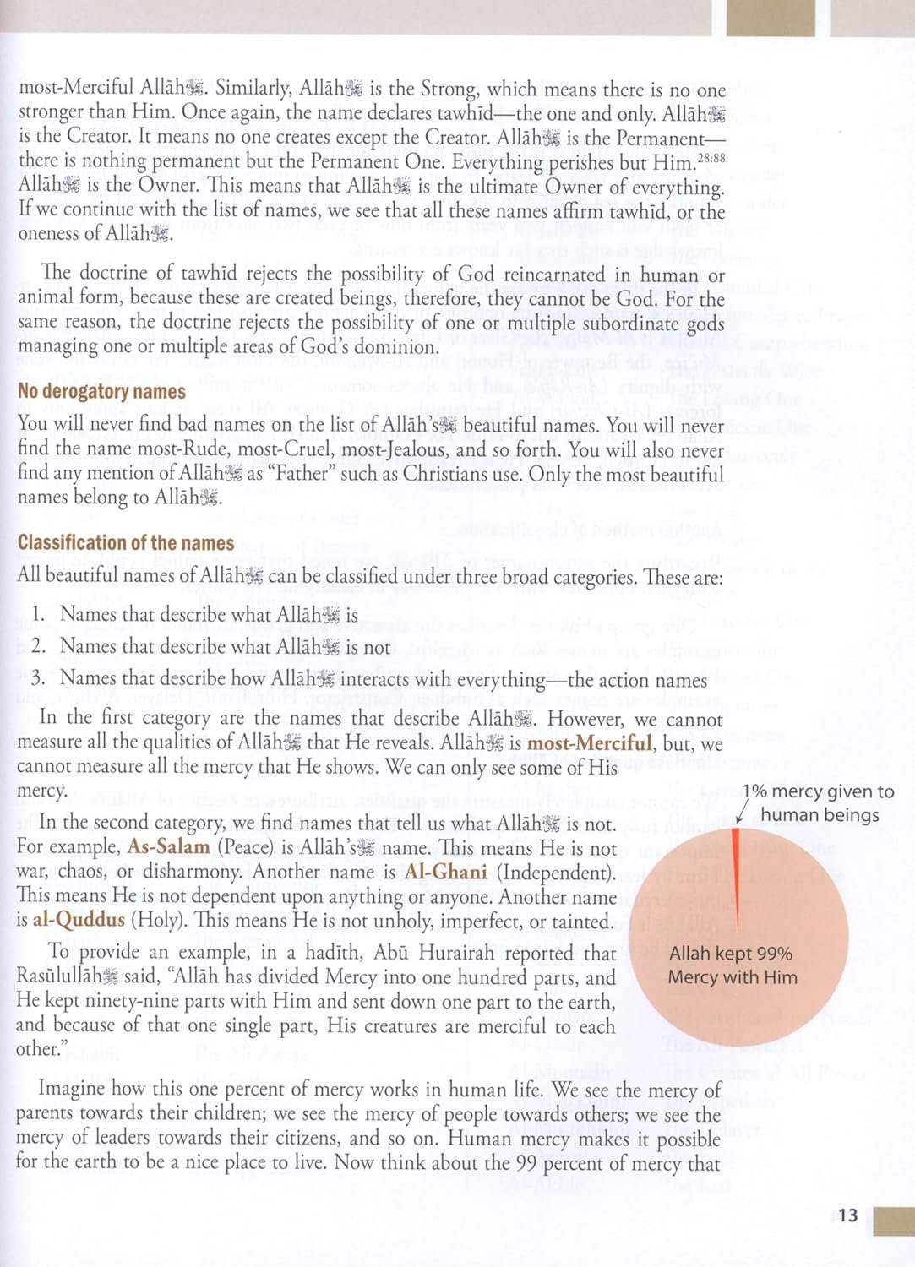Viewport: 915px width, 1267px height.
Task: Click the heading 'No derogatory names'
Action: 101,392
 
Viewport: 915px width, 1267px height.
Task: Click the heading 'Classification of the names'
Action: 126,543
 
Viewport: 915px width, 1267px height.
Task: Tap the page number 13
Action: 847,1215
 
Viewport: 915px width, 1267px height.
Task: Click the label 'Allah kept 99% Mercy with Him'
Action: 732,965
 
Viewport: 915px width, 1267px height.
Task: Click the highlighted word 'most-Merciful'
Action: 589,743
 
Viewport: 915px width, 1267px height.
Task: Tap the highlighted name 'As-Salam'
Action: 168,847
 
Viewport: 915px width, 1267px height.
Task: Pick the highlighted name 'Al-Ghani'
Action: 445,872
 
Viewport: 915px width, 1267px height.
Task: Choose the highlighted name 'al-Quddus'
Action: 79,921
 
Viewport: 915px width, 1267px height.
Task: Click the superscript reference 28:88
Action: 710,158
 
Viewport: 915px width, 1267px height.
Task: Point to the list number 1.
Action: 38,615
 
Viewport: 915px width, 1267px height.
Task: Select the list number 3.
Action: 38,679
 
